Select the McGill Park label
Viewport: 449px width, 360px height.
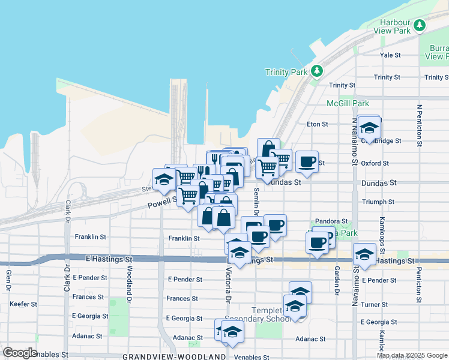pyautogui.click(x=348, y=103)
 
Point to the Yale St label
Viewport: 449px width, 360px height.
pyautogui.click(x=390, y=55)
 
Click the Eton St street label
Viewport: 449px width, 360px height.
pyautogui.click(x=317, y=124)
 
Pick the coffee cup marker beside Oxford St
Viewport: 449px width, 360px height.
pyautogui.click(x=307, y=162)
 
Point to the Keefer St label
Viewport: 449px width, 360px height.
pyautogui.click(x=23, y=304)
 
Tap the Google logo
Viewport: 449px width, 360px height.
pyautogui.click(x=20, y=352)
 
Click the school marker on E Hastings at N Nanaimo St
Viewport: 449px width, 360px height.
pyautogui.click(x=364, y=255)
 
